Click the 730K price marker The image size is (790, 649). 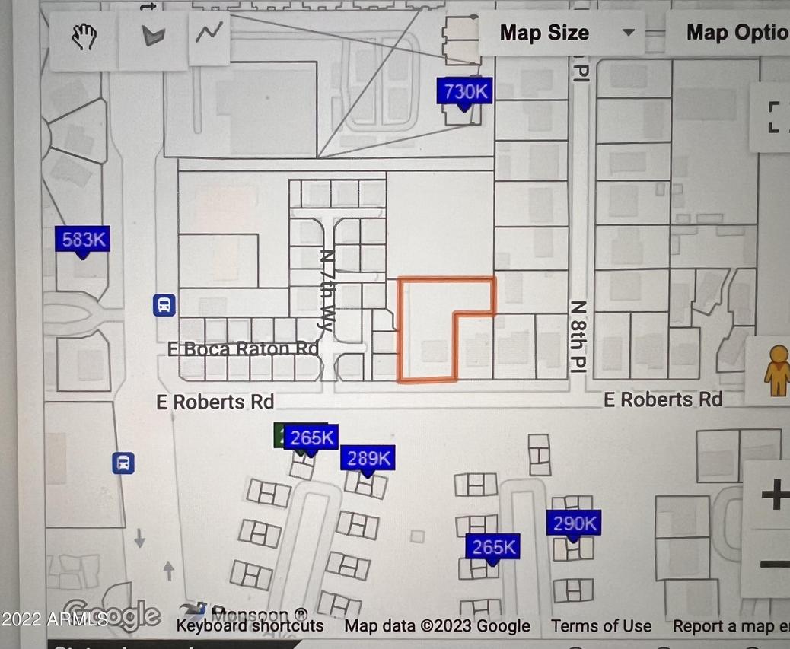(x=465, y=93)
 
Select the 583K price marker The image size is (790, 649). (x=83, y=240)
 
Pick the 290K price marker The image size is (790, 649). (x=574, y=524)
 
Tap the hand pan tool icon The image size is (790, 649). (x=84, y=36)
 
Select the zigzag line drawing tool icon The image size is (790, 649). (x=209, y=33)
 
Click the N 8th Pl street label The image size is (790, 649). (x=579, y=336)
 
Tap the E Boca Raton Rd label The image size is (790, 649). (x=244, y=349)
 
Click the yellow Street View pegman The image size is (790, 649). (x=777, y=371)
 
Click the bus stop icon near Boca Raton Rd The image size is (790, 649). (x=164, y=306)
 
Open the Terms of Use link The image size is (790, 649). (x=601, y=626)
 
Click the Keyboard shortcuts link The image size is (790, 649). (x=250, y=626)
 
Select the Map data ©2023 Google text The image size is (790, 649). (x=437, y=626)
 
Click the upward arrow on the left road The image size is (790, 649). (x=169, y=569)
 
